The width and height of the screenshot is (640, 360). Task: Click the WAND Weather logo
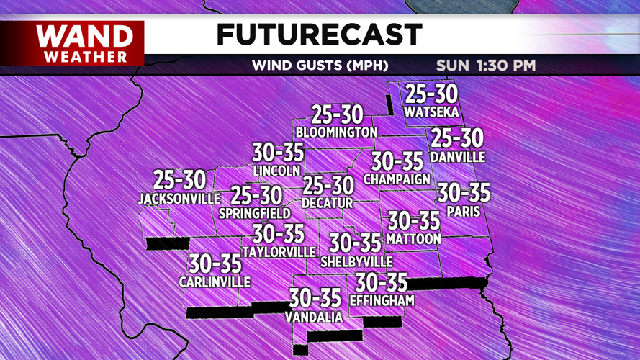click(x=85, y=43)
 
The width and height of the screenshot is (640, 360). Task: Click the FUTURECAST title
click(x=319, y=34)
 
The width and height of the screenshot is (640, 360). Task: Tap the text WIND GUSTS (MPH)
click(x=320, y=66)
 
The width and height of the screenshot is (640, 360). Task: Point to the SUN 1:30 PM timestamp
click(x=486, y=66)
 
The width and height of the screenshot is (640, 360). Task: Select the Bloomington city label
click(x=336, y=132)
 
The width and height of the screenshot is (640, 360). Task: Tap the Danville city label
click(x=457, y=156)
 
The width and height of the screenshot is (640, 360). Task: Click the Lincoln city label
click(x=276, y=171)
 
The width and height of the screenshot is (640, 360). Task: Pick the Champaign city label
click(x=397, y=179)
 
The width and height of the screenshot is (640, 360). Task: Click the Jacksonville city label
click(x=179, y=198)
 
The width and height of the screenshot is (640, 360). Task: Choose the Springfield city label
click(x=255, y=213)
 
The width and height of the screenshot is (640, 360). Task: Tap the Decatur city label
click(x=328, y=204)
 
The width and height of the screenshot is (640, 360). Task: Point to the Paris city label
click(x=464, y=212)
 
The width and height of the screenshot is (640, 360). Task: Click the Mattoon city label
click(x=413, y=238)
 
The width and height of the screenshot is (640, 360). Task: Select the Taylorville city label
click(x=279, y=252)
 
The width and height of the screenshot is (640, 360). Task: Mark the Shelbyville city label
click(x=356, y=261)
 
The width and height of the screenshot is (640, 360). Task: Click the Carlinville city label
click(x=215, y=282)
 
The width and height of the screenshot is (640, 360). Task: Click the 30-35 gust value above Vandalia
click(x=315, y=297)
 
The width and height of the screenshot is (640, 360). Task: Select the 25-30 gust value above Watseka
click(x=431, y=94)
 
